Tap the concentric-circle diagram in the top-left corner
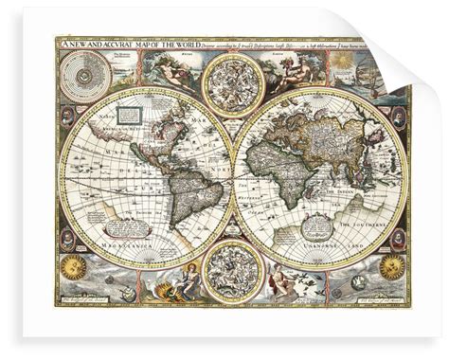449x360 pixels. tap(81, 71)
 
